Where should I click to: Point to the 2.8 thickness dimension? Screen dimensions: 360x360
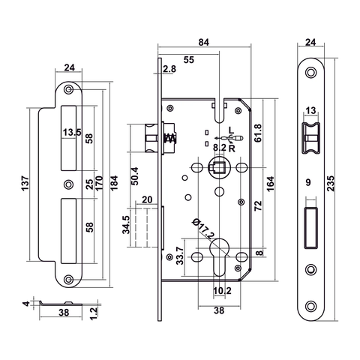pyautogui.click(x=169, y=69)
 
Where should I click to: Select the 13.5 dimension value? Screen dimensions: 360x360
pyautogui.click(x=72, y=133)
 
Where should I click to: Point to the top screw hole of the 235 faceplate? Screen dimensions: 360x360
pyautogui.click(x=310, y=72)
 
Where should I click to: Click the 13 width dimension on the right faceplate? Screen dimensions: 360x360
pyautogui.click(x=310, y=110)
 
